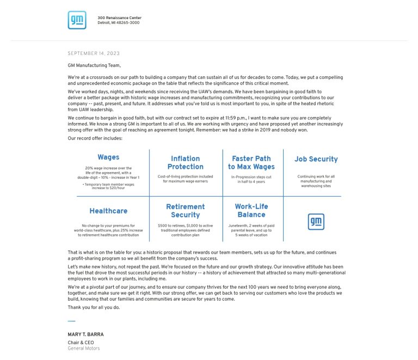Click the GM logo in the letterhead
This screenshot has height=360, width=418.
tap(77, 20)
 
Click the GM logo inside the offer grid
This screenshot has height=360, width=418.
tap(316, 221)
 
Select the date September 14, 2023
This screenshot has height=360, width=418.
tap(94, 53)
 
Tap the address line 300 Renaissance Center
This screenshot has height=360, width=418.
tap(119, 18)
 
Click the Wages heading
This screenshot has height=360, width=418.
tap(108, 157)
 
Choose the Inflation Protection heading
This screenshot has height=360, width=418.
tap(186, 162)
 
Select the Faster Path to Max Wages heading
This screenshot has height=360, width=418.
tap(251, 162)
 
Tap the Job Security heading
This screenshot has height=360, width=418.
tap(316, 159)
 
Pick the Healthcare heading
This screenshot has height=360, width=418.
tap(108, 211)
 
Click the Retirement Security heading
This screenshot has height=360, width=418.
tap(186, 211)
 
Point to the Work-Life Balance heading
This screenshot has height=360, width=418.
tap(251, 211)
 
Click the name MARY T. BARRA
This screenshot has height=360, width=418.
tap(85, 334)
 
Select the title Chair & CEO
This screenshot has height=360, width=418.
tap(81, 343)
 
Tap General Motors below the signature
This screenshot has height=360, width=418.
tap(84, 349)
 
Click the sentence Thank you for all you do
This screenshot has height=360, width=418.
tap(94, 307)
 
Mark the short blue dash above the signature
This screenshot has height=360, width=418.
tap(71, 321)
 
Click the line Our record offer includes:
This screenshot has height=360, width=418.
tap(95, 138)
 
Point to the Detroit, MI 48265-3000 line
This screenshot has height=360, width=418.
tap(118, 23)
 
